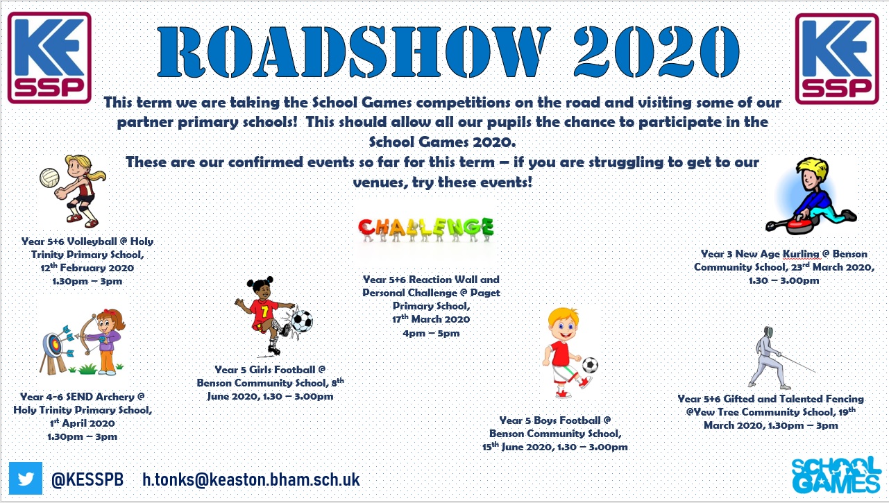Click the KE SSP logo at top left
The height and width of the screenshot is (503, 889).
pyautogui.click(x=49, y=58)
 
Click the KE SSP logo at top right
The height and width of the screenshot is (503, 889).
pyautogui.click(x=837, y=59)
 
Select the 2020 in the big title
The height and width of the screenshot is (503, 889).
pyautogui.click(x=657, y=51)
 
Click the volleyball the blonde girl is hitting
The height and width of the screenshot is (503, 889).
pyautogui.click(x=49, y=178)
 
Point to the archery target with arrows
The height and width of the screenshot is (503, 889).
pyautogui.click(x=53, y=345)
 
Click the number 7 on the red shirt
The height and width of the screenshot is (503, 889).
pyautogui.click(x=264, y=311)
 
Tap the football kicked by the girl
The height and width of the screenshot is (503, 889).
pyautogui.click(x=302, y=321)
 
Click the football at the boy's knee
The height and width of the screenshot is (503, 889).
pyautogui.click(x=590, y=365)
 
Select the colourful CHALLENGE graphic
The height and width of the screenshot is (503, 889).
pyautogui.click(x=426, y=229)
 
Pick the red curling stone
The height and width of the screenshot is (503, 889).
pyautogui.click(x=800, y=225)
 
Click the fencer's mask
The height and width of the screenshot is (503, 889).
pyautogui.click(x=769, y=332)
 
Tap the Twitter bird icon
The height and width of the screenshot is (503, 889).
pyautogui.click(x=26, y=479)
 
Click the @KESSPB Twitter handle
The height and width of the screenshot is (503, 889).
pyautogui.click(x=87, y=479)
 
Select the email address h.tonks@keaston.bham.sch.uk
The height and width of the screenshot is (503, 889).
pyautogui.click(x=251, y=479)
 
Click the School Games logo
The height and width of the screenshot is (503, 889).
pyautogui.click(x=836, y=475)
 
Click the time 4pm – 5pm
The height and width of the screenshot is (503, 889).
pyautogui.click(x=431, y=333)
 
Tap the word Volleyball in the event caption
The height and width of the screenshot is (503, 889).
pyautogui.click(x=92, y=241)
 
